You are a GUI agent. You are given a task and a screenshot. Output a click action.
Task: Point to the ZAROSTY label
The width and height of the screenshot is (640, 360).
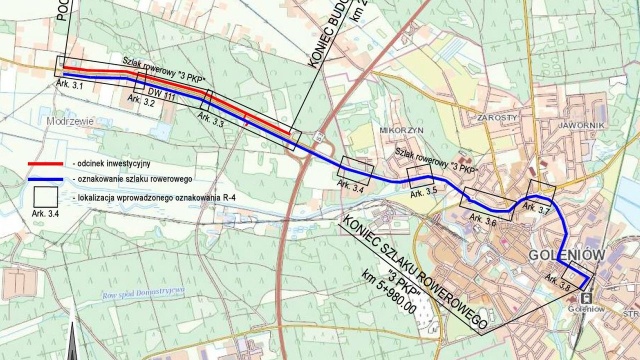click(x=497, y=117)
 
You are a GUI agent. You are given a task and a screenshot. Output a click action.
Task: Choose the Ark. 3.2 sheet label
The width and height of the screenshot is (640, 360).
click(x=142, y=102)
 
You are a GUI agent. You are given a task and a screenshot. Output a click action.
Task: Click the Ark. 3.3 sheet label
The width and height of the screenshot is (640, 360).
click(x=211, y=119)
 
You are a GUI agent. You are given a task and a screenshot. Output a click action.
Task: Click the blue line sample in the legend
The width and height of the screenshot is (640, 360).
click(x=45, y=179)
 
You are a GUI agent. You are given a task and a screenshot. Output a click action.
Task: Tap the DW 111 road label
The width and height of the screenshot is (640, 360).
click(x=162, y=95)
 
